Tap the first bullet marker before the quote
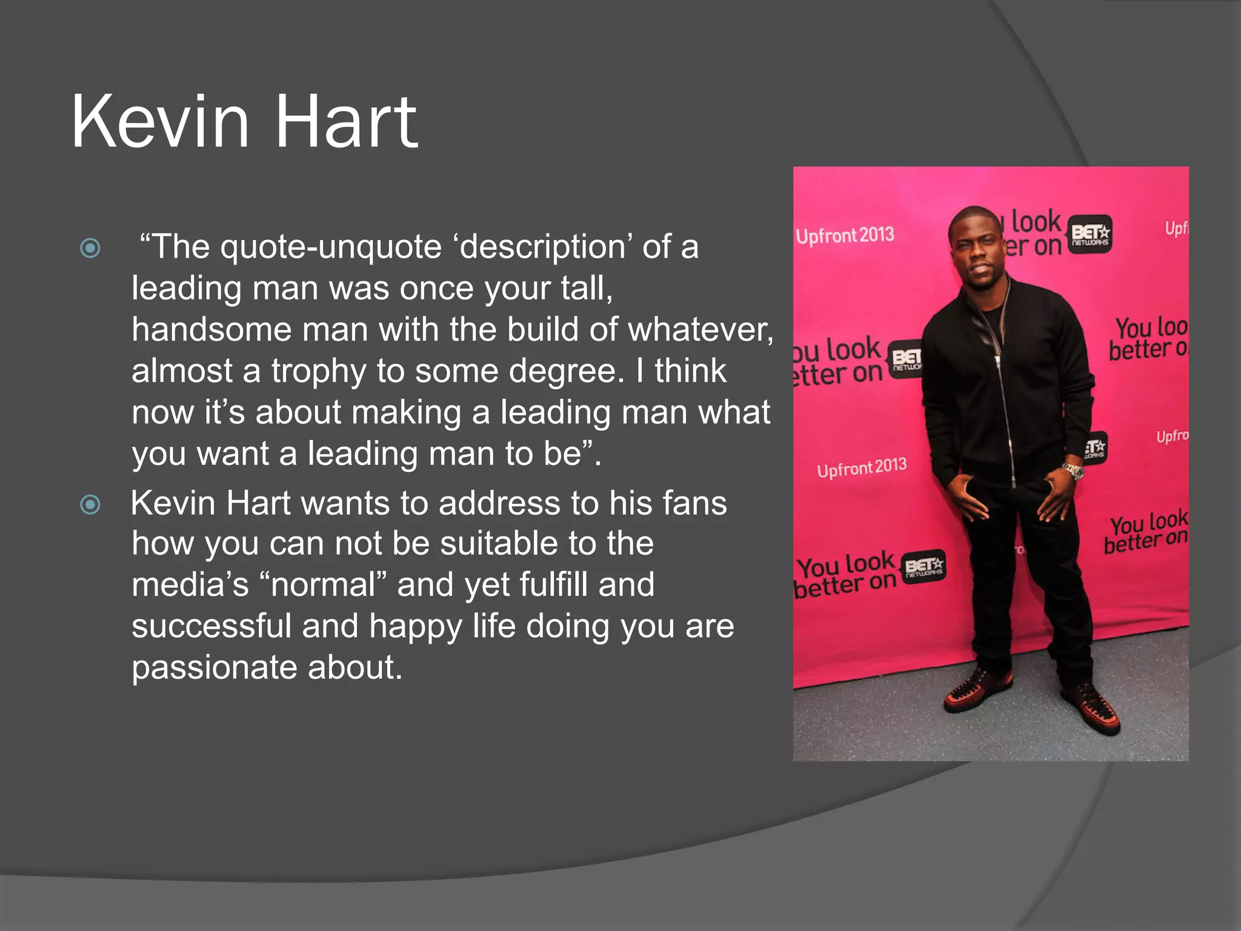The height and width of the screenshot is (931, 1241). (x=90, y=248)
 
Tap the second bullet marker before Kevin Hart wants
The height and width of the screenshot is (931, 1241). (x=90, y=504)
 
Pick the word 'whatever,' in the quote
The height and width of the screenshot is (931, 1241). (x=700, y=330)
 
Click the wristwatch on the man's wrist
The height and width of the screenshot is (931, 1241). (x=1073, y=470)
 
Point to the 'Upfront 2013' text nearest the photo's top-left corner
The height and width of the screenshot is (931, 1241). (x=845, y=235)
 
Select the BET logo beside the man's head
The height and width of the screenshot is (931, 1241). (x=1090, y=233)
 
